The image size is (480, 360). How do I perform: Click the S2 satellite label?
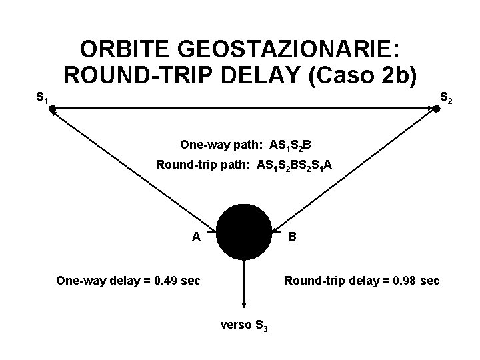click(446, 99)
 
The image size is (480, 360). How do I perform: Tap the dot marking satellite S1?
click(51, 112)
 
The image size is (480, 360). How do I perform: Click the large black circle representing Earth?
click(245, 232)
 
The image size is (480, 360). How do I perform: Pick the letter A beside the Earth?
click(196, 236)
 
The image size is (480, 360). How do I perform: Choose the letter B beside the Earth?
click(292, 236)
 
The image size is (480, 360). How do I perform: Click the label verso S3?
click(244, 326)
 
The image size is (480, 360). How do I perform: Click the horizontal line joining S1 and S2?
click(244, 111)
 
